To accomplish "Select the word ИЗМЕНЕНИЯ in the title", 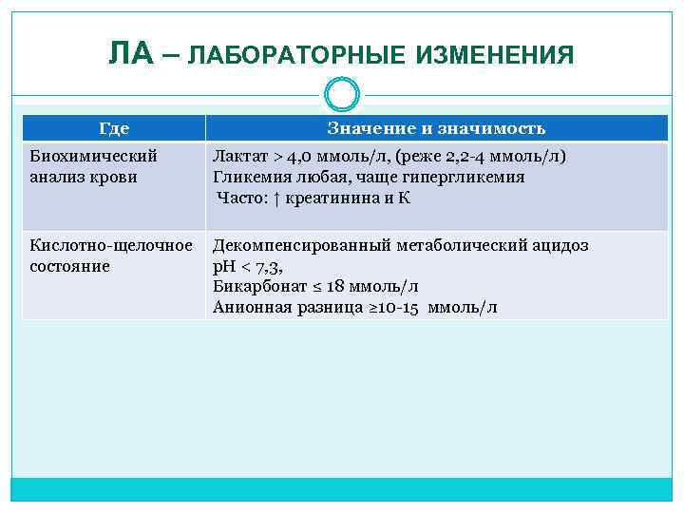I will click(x=495, y=56).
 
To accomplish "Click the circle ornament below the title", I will click(x=341, y=94).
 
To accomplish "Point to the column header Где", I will click(x=114, y=128).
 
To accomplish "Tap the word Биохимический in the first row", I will click(x=93, y=156).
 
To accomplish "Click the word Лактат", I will click(x=240, y=156).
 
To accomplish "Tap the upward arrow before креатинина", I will click(x=282, y=199).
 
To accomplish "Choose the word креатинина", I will click(x=333, y=199).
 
